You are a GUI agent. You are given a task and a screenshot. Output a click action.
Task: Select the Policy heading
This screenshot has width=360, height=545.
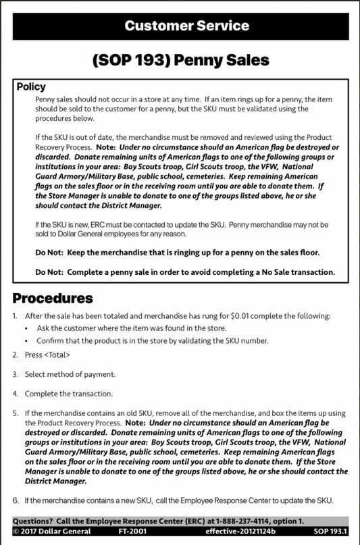[31, 87]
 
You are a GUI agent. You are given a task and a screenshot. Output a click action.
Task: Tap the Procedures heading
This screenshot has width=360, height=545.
[53, 298]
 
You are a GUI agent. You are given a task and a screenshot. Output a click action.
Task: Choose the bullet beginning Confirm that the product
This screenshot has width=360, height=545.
[152, 340]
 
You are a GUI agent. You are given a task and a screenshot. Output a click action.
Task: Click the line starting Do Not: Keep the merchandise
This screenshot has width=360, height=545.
[177, 253]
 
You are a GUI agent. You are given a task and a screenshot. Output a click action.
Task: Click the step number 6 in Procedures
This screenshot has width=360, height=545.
[16, 500]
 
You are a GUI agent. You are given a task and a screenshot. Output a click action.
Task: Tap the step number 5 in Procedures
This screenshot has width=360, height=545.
[16, 413]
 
